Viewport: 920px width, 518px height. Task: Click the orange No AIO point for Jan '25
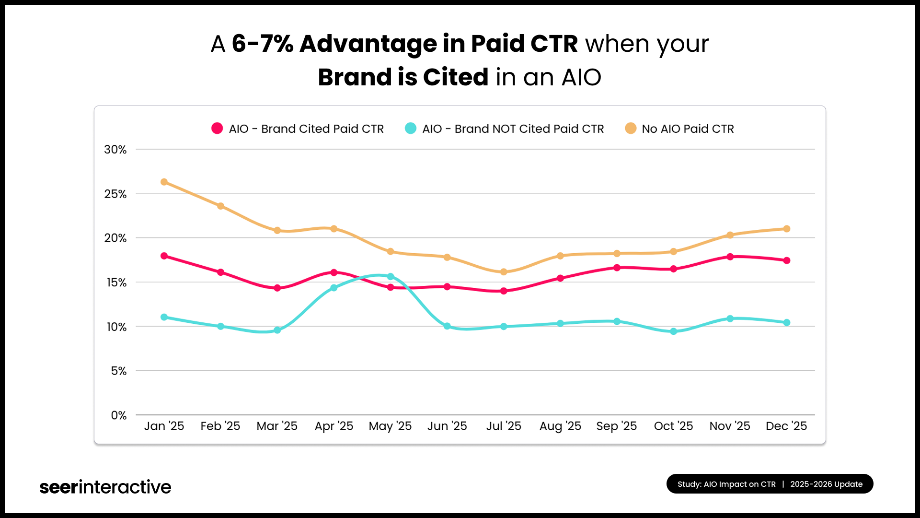164,182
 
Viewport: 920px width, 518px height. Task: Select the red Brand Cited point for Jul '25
504,291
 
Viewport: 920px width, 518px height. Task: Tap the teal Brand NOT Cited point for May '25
391,276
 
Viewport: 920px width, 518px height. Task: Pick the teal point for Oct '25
673,331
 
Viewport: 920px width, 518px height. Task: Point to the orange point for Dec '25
786,229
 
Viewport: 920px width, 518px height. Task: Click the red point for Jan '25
164,256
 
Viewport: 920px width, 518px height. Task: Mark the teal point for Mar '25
277,330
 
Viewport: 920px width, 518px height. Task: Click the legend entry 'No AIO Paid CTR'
687,129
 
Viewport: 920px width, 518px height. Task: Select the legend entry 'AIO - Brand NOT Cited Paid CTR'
512,129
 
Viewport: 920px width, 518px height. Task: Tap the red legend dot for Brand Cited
217,129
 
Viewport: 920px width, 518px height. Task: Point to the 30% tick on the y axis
115,150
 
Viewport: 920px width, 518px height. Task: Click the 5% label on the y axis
118,371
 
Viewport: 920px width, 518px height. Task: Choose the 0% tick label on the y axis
118,415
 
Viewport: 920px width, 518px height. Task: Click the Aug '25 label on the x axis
560,426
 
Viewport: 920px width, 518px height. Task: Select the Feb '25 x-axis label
220,426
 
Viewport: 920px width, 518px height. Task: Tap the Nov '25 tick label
730,426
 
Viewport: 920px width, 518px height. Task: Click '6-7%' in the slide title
262,44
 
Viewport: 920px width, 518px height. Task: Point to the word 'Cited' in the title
455,77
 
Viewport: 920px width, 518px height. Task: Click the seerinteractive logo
105,487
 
